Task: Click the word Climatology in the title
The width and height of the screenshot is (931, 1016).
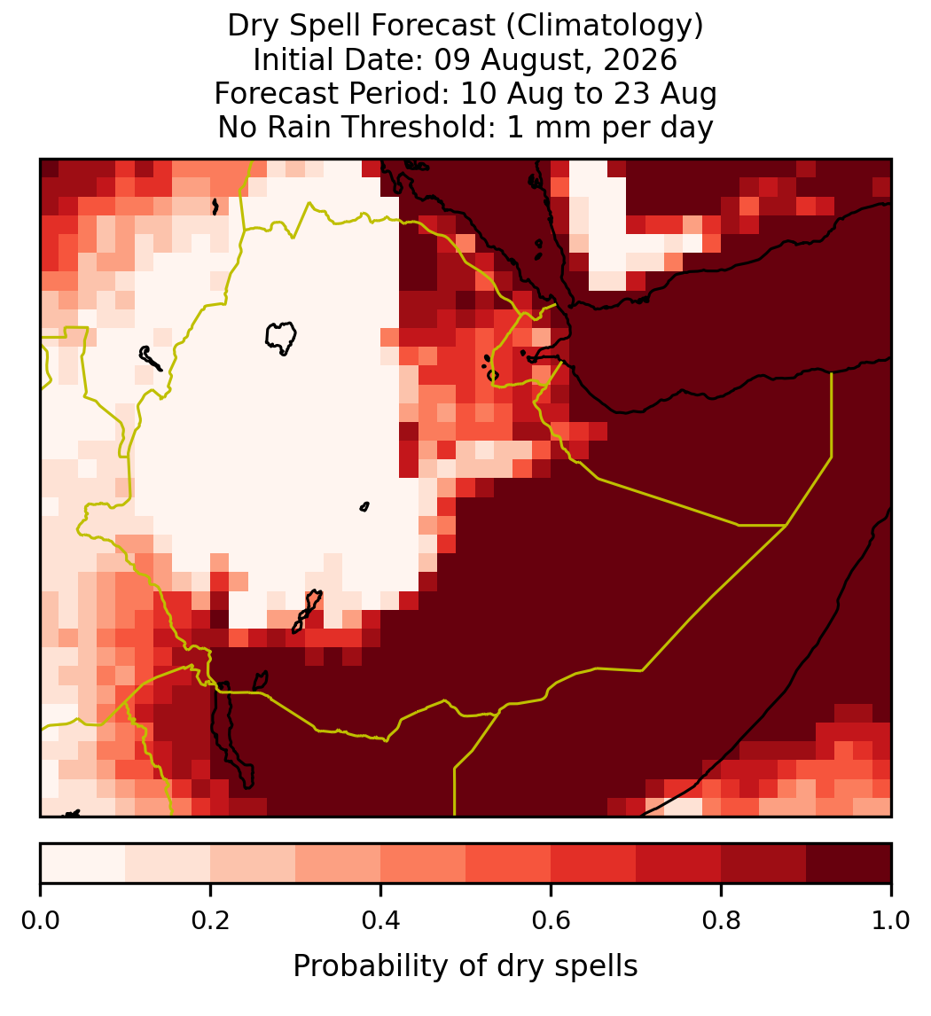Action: click(603, 26)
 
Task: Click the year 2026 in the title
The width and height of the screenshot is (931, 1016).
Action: click(640, 59)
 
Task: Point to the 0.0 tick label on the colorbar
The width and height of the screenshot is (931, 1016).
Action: click(41, 921)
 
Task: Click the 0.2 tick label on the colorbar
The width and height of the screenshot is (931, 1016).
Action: click(210, 921)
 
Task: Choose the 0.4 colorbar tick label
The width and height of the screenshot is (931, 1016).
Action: click(381, 921)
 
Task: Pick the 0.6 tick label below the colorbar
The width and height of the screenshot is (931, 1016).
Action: click(552, 921)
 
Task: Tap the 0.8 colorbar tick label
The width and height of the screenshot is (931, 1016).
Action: click(721, 921)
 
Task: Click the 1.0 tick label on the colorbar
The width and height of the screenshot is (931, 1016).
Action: click(891, 921)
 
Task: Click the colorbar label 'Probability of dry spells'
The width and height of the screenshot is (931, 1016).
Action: click(465, 966)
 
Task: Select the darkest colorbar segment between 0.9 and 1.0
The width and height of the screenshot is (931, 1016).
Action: click(849, 864)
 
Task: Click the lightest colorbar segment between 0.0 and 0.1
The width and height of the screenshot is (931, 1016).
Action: click(83, 864)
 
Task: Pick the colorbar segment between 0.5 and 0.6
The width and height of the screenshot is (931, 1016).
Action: click(509, 864)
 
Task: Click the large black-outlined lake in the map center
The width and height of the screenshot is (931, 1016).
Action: click(281, 336)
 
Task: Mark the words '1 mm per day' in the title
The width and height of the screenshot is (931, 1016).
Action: click(610, 127)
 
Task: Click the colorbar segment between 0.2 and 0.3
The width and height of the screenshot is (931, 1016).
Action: click(254, 864)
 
